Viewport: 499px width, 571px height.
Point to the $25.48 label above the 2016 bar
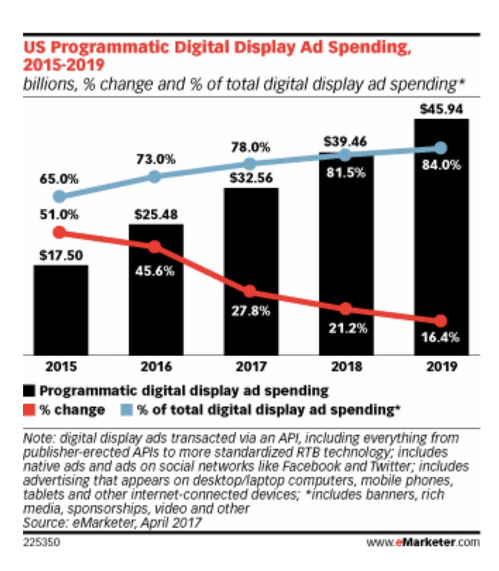click(156, 215)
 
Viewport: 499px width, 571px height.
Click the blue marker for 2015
click(59, 197)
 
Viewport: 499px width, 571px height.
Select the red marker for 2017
click(250, 291)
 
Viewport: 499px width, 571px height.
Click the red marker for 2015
click(59, 232)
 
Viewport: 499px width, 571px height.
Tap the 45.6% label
click(155, 271)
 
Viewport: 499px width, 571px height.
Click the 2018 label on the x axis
click(345, 366)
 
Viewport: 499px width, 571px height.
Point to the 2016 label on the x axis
click(156, 366)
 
